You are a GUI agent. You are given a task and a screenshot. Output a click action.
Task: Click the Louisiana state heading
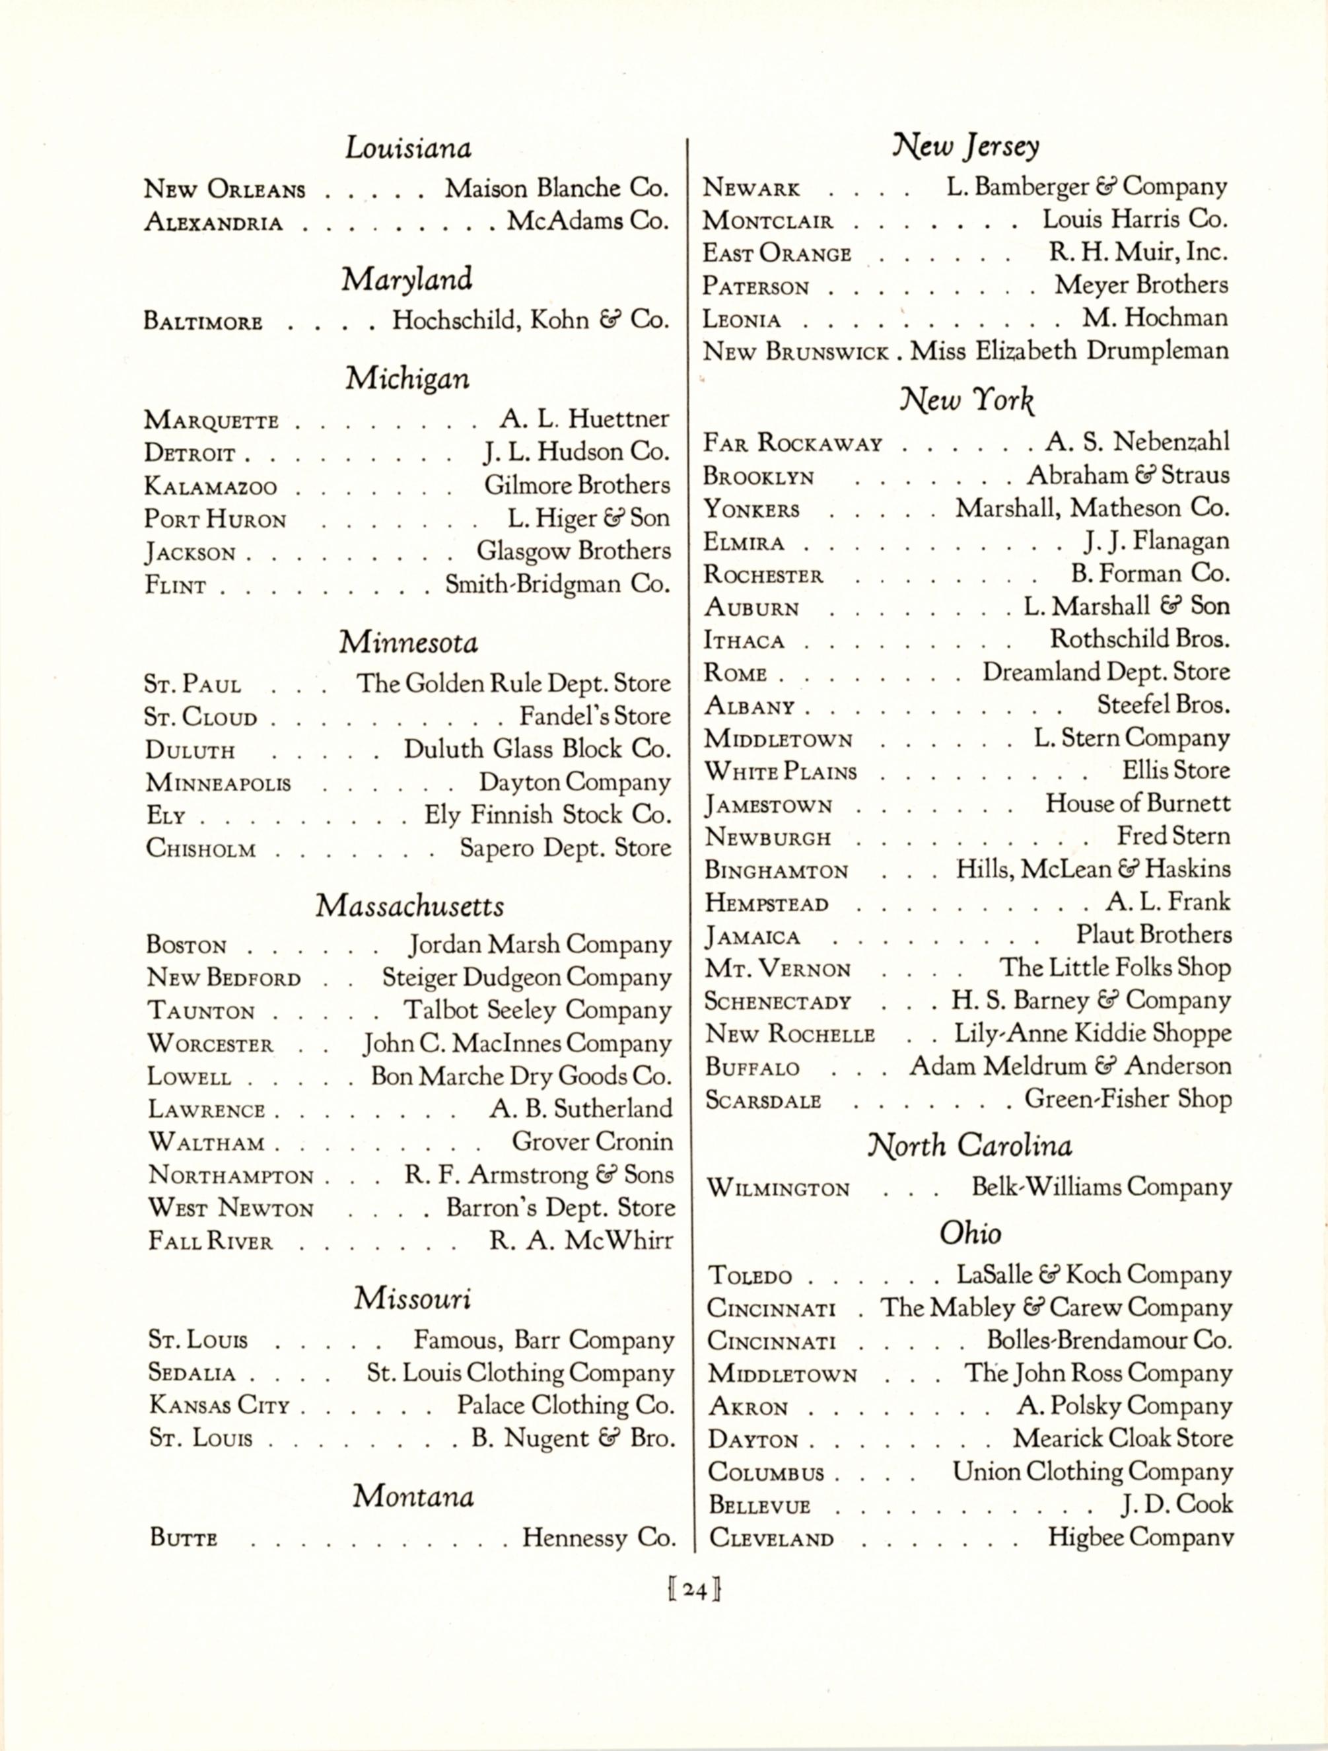click(x=407, y=147)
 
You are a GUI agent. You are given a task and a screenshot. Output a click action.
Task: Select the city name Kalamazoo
click(x=211, y=486)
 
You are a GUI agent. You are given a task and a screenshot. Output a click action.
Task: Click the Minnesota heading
click(x=408, y=642)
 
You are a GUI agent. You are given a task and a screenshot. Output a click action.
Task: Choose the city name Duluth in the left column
click(x=190, y=750)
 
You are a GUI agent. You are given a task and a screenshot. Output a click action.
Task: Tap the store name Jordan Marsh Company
click(x=540, y=945)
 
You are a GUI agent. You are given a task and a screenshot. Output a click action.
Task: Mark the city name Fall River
click(x=210, y=1240)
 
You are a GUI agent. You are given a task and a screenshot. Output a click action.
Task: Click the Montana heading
click(x=413, y=1496)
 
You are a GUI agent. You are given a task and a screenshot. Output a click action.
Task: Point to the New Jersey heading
click(x=965, y=146)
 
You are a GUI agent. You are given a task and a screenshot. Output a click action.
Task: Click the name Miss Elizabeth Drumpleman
click(x=1069, y=351)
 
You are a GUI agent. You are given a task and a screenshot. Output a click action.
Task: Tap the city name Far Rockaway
click(x=792, y=443)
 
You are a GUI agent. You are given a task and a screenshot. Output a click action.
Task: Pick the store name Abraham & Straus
click(x=1129, y=475)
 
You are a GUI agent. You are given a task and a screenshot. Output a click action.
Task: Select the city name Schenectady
click(x=778, y=1001)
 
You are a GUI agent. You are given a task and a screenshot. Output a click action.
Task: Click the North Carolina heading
click(x=969, y=1145)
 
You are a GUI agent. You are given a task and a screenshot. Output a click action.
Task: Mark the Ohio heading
click(x=970, y=1233)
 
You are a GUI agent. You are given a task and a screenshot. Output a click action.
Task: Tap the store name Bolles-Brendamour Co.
click(x=1109, y=1340)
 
